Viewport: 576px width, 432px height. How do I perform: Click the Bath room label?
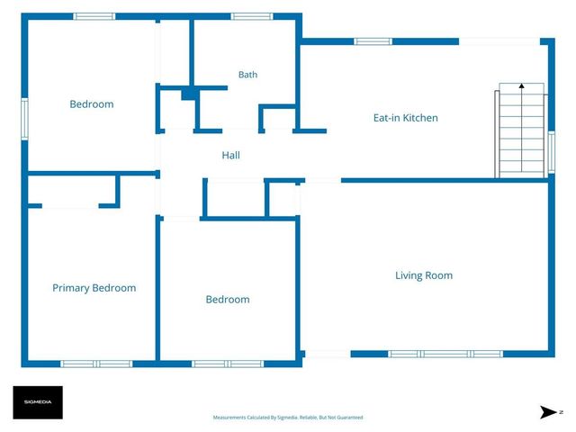coord(247,75)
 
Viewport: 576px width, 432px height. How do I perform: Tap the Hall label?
coord(230,155)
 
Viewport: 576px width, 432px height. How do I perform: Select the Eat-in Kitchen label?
coord(406,118)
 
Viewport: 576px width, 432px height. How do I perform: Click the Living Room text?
coord(424,275)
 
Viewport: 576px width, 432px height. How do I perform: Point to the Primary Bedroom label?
coord(94,288)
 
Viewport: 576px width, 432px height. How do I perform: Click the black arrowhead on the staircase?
coord(522,86)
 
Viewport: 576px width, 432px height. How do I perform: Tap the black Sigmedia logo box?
coord(38,402)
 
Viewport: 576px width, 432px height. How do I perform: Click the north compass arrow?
coord(548,412)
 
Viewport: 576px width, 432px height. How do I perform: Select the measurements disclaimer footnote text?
coord(288,418)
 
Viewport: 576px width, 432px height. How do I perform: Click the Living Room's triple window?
coord(445,354)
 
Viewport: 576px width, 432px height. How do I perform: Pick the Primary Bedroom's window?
coord(96,364)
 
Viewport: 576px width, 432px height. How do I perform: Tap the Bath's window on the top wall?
coord(252,16)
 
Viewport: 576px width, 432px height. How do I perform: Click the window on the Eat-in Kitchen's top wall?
coord(373,41)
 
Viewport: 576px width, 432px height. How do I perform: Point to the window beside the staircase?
coord(552,152)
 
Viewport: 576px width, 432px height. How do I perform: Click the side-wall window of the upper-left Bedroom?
coord(24,119)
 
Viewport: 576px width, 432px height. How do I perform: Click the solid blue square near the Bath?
coord(190,94)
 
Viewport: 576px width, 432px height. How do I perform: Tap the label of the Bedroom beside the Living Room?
coord(228,300)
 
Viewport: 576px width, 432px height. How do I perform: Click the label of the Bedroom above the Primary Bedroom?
coord(92,104)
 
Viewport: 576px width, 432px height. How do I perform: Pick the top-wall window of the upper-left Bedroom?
coord(94,16)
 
